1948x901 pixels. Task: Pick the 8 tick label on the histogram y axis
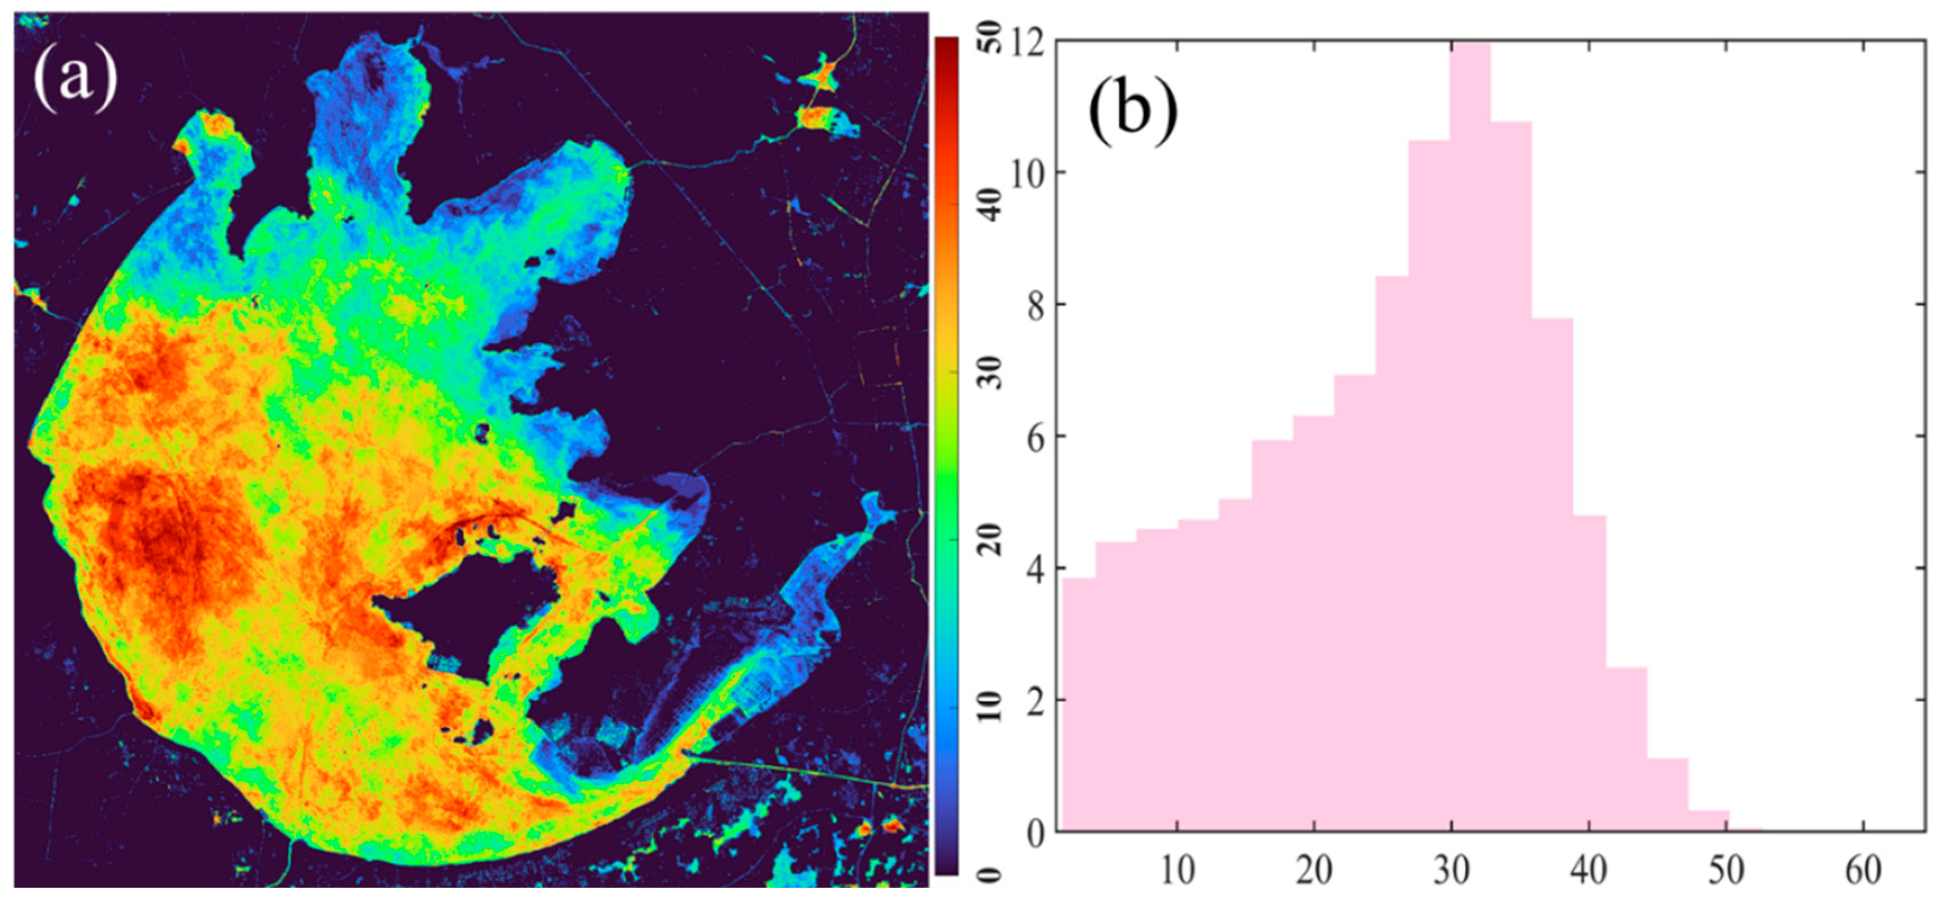1036,306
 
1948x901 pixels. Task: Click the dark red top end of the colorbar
946,45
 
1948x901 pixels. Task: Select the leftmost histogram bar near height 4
1079,703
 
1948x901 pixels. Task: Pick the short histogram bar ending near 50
1708,822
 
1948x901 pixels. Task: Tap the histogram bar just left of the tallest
1429,484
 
